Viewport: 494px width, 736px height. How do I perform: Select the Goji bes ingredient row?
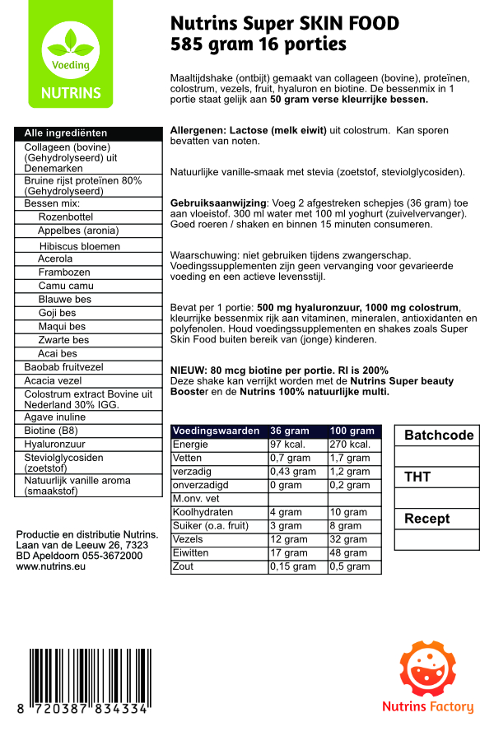click(x=57, y=313)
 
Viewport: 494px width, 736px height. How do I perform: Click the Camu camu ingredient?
click(x=60, y=286)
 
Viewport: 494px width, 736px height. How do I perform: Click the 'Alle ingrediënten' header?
click(x=66, y=133)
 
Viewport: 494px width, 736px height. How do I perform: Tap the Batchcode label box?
click(x=439, y=436)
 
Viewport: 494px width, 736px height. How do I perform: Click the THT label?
click(x=417, y=477)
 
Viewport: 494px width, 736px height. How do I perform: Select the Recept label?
click(x=426, y=519)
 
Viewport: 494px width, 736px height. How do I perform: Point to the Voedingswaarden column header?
click(x=217, y=431)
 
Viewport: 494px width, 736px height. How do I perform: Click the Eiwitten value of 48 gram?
click(x=348, y=553)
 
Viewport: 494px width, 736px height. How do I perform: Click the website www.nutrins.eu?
click(x=52, y=567)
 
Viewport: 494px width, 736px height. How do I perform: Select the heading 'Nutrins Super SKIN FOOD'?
click(x=284, y=24)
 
